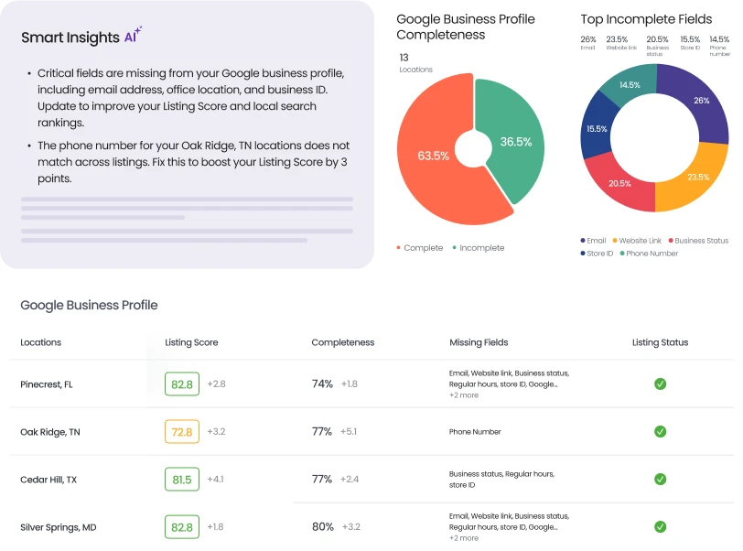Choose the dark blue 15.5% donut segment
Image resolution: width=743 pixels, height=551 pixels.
coord(598,129)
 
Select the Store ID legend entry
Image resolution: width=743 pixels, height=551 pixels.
coord(597,254)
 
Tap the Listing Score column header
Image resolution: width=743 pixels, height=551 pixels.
coord(191,342)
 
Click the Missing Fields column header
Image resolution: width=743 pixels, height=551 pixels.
coord(479,342)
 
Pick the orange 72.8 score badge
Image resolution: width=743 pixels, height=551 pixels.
coord(181,432)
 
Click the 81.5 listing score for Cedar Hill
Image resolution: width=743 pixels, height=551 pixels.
coord(181,480)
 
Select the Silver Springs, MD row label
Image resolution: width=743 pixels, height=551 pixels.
coord(58,527)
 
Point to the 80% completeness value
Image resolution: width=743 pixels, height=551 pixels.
coord(323,527)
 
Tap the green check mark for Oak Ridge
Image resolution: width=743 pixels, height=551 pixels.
coord(660,432)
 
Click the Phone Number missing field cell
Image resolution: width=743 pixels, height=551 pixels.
coord(475,432)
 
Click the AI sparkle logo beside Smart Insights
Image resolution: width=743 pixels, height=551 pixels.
coord(134,37)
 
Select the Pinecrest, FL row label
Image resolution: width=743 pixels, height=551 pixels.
coord(47,384)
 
